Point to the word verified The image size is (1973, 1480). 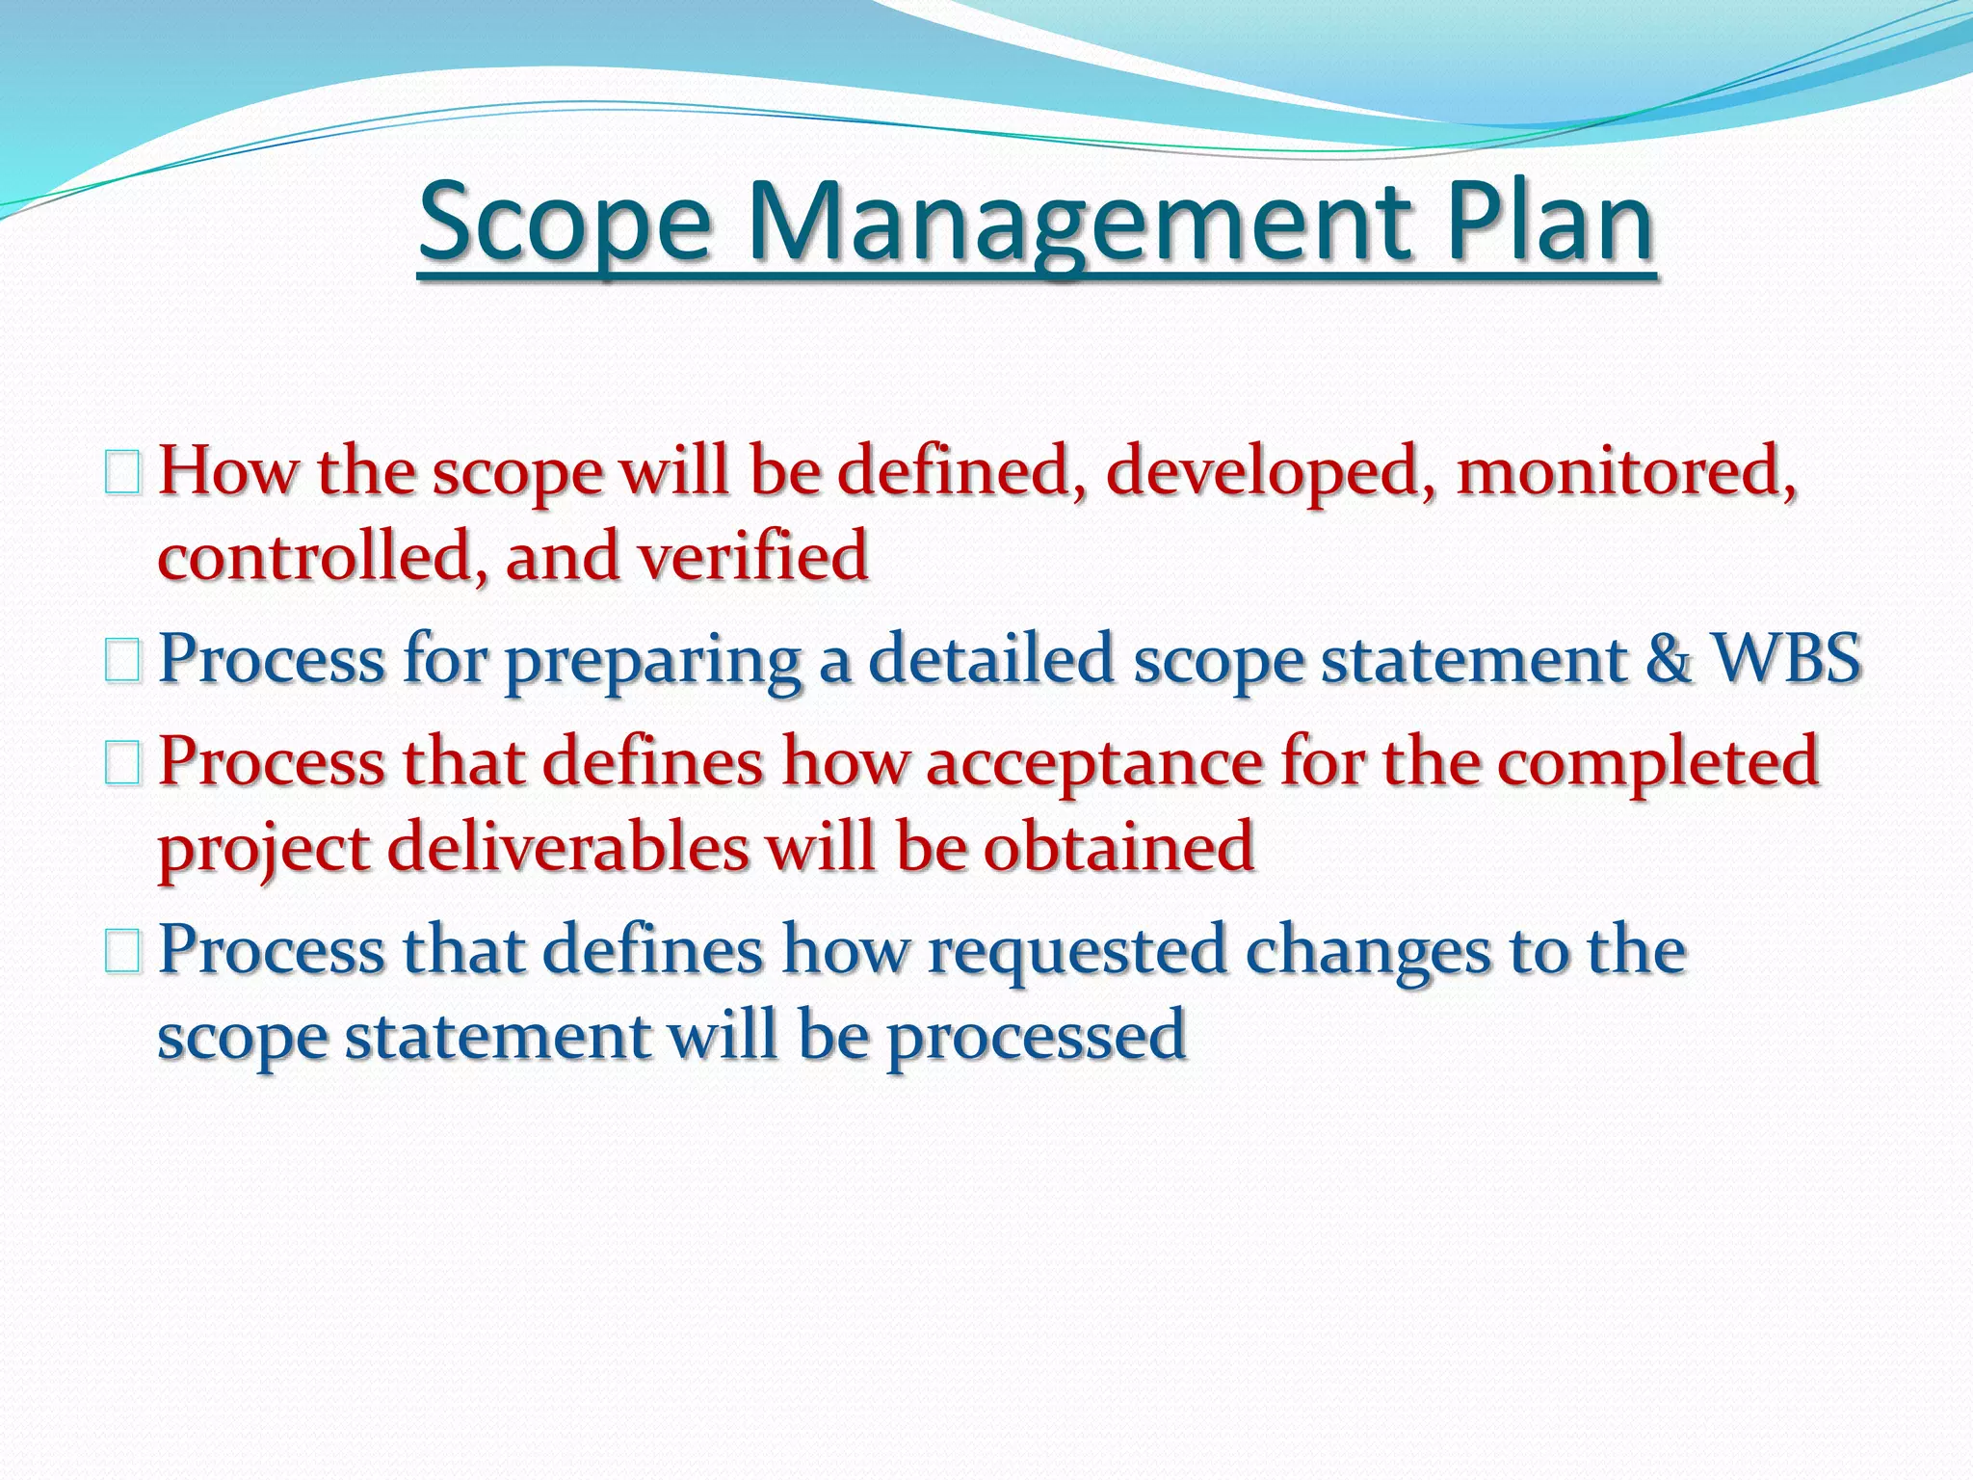tap(752, 557)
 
